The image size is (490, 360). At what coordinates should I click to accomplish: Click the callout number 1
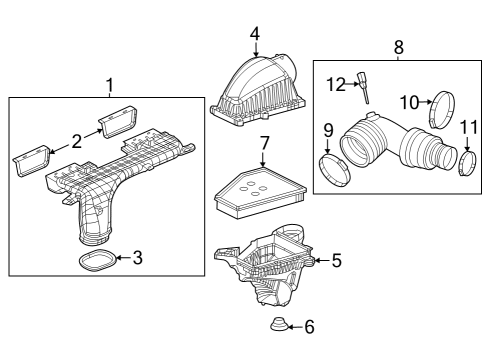coord(111,85)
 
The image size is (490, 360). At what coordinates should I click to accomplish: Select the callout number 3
coord(138,258)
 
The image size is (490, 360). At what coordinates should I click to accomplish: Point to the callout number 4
coord(255,33)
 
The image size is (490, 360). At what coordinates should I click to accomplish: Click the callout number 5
coord(336,261)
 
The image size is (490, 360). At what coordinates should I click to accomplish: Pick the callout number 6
coord(309,326)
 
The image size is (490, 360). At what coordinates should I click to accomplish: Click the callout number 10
coord(410,102)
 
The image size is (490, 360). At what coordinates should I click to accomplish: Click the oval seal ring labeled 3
coord(97,262)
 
